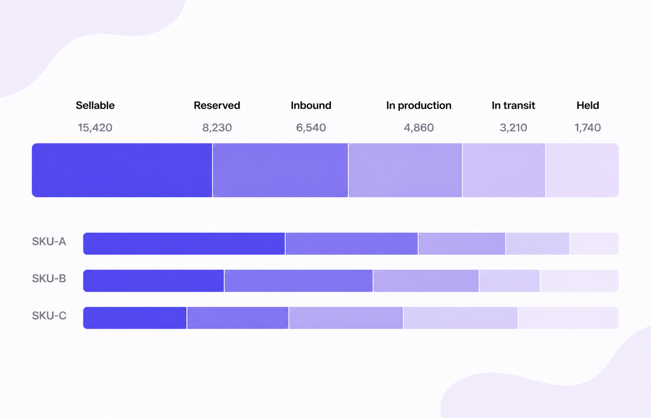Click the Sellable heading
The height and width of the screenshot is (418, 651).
coord(95,105)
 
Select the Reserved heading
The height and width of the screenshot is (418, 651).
coord(217,105)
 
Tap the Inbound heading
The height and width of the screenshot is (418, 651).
coord(311,105)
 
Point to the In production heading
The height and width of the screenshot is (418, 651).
coord(419,106)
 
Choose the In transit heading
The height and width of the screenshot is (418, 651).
coord(513,105)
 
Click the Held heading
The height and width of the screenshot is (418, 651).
coord(588,105)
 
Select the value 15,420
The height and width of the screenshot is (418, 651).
coord(95,128)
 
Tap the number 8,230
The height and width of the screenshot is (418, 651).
coord(217,128)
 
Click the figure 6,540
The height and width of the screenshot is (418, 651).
coord(311,128)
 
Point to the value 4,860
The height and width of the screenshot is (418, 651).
coord(419,128)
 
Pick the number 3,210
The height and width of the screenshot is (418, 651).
coord(513,128)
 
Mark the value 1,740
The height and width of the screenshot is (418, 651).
coord(588,128)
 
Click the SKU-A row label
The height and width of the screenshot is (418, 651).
coord(49,242)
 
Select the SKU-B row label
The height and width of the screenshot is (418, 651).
coord(49,279)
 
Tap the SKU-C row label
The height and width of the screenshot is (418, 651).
coord(49,316)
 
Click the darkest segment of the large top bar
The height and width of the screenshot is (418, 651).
coord(122,170)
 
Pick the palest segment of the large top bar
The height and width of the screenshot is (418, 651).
coord(582,170)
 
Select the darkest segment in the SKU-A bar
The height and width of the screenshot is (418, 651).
coord(184,243)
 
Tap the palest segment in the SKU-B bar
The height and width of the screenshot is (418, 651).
coord(579,281)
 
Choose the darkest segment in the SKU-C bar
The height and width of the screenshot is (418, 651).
coord(135,318)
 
